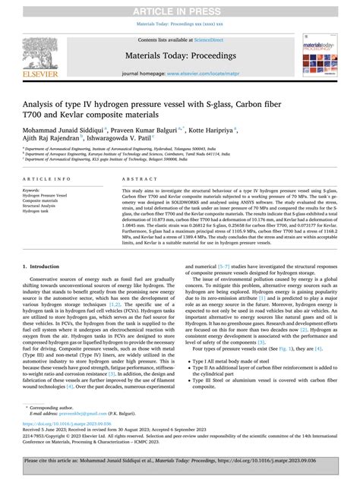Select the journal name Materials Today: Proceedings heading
(179, 53)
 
